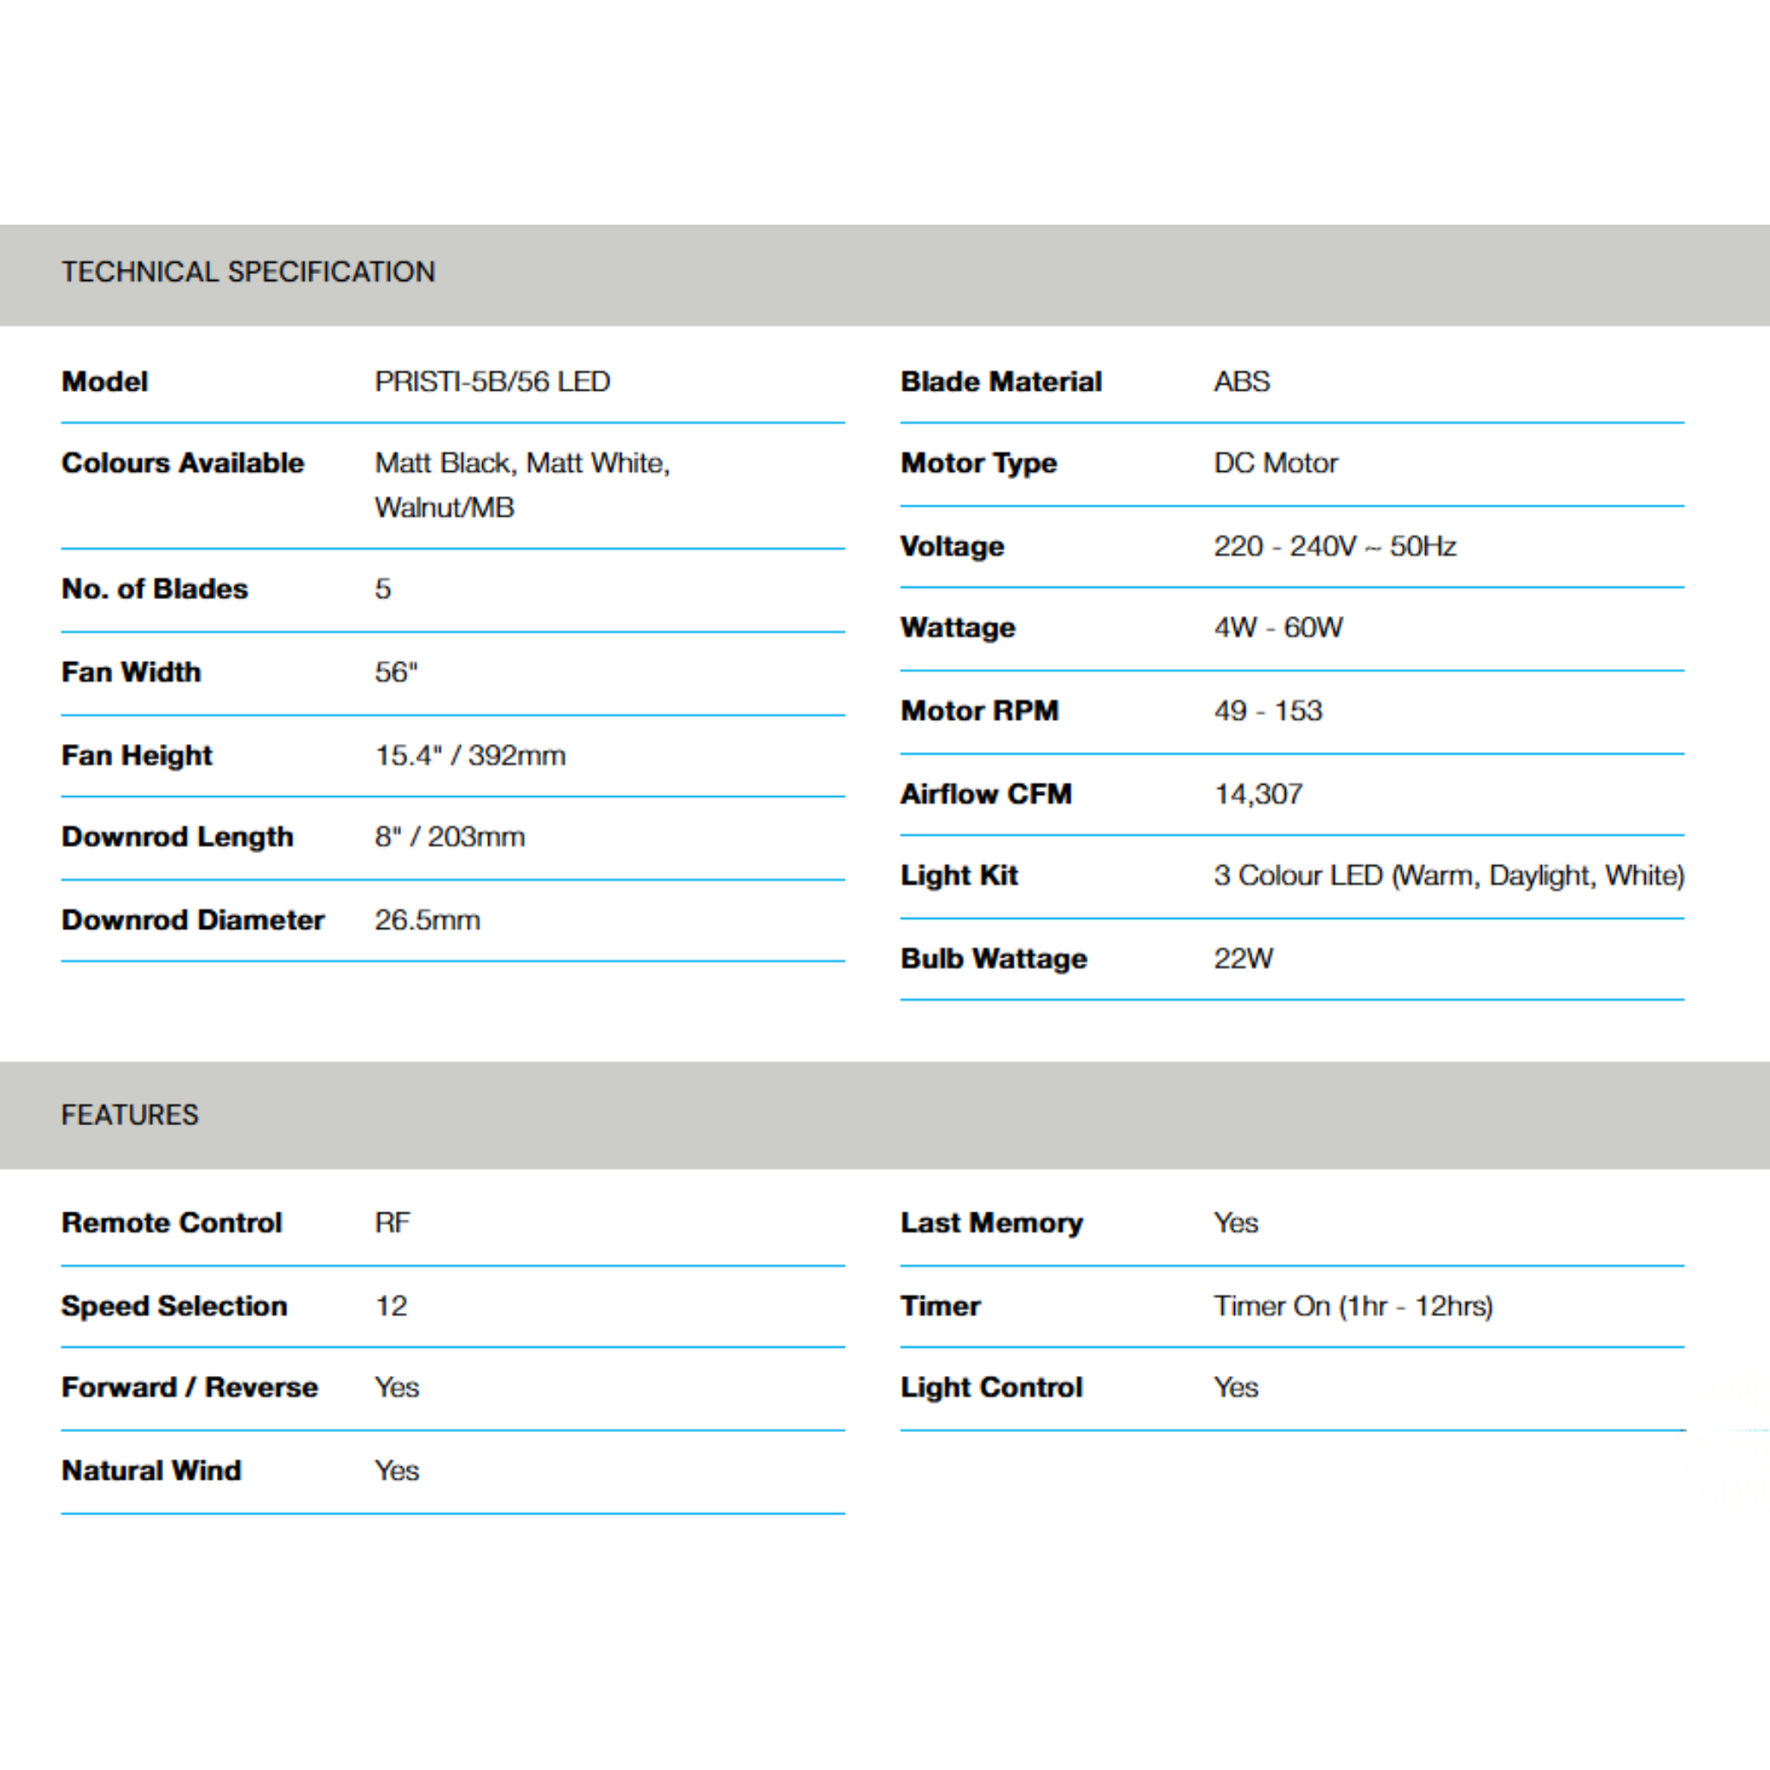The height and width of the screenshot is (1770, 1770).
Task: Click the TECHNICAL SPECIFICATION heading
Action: click(248, 272)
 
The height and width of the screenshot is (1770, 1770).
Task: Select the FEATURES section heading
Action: click(131, 1115)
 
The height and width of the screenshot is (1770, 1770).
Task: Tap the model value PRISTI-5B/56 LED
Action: click(492, 381)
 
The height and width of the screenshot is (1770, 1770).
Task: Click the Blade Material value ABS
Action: click(1241, 381)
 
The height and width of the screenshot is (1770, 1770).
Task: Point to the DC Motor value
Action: click(1276, 462)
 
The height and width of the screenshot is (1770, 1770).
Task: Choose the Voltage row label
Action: click(952, 546)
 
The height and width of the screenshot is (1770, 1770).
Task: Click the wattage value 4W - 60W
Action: click(1278, 627)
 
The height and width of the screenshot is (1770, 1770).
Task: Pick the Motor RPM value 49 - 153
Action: click(1268, 710)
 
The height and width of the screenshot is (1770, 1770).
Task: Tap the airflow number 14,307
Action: click(1257, 793)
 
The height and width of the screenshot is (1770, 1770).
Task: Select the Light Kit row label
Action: click(959, 875)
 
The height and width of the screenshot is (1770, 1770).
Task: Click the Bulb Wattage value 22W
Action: click(1243, 958)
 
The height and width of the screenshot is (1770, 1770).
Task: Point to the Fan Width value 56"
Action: click(396, 672)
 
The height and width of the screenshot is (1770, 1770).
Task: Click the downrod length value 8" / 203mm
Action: click(449, 837)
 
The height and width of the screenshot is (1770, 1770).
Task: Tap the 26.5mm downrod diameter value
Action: click(427, 920)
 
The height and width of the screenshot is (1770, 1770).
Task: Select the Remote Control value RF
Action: click(392, 1222)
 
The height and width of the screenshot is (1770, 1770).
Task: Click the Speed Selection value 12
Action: click(392, 1306)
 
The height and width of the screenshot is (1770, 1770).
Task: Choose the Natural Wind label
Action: click(151, 1470)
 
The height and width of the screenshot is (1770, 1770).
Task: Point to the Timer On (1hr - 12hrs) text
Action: click(1353, 1306)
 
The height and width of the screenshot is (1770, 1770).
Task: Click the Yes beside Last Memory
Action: click(1236, 1222)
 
